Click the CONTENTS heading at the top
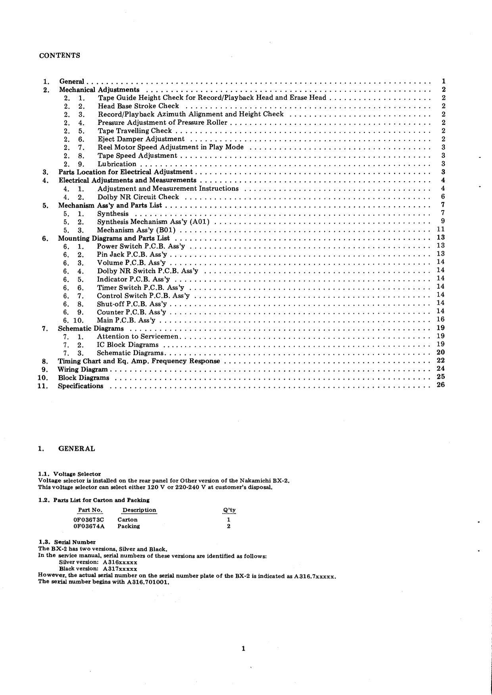click(60, 56)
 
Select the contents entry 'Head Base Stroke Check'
click(138, 106)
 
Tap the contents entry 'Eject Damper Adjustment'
click(141, 139)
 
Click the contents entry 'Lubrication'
click(117, 164)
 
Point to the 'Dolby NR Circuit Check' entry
click(138, 197)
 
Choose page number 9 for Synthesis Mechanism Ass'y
click(443, 221)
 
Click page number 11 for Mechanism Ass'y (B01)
click(441, 229)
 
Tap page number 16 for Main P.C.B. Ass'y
click(441, 320)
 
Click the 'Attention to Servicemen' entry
click(138, 337)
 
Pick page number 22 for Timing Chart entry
click(441, 360)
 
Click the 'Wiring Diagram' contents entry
click(83, 370)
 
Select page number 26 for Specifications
click(441, 385)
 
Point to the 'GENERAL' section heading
click(77, 449)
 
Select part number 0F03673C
click(88, 520)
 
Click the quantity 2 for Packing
click(229, 527)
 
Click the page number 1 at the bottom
click(244, 649)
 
